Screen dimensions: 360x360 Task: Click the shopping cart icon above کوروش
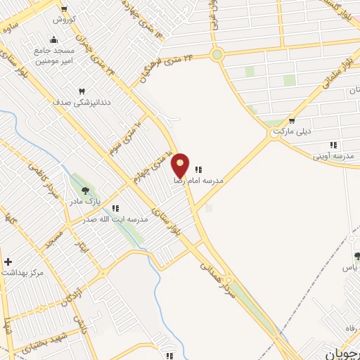(64, 9)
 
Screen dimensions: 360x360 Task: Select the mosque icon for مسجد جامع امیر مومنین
(54, 39)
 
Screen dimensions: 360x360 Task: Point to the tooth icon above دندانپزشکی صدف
(82, 91)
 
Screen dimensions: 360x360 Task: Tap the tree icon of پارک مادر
(86, 190)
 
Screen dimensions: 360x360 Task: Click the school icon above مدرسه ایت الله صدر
(115, 208)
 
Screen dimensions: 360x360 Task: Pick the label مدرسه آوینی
(333, 154)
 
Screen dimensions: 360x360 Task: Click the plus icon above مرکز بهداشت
(8, 262)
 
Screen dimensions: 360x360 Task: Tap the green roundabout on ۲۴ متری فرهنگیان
(217, 54)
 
